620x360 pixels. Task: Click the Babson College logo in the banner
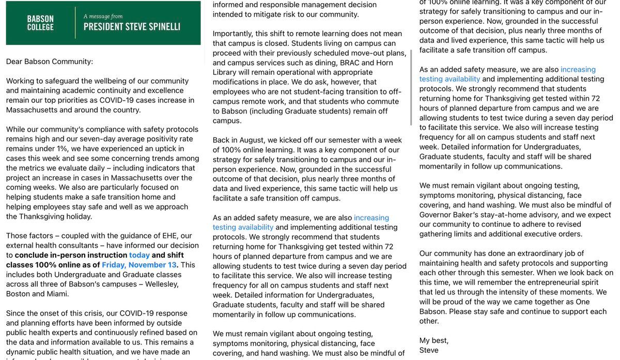pyautogui.click(x=40, y=22)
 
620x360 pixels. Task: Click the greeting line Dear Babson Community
pyautogui.click(x=50, y=61)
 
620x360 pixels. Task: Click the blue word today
pyautogui.click(x=139, y=255)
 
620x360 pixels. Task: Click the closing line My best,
pyautogui.click(x=434, y=340)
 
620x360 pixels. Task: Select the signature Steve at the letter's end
pyautogui.click(x=429, y=350)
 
